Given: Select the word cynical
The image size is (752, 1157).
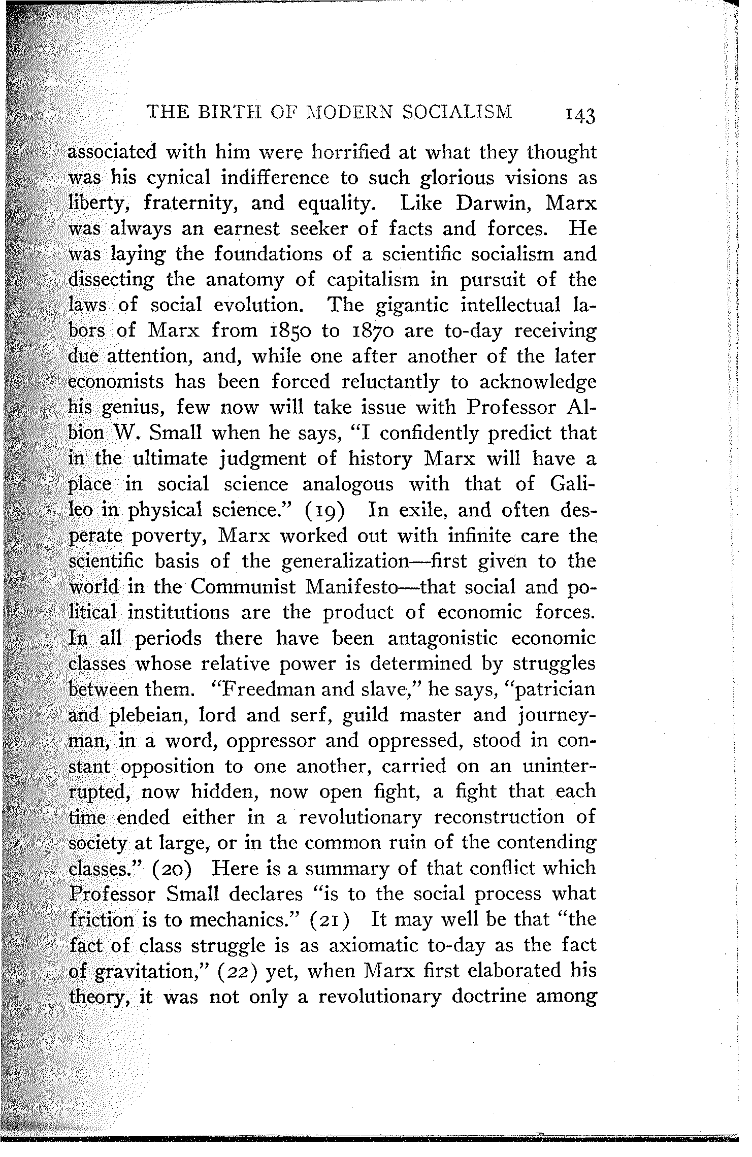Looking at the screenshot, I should (178, 178).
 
